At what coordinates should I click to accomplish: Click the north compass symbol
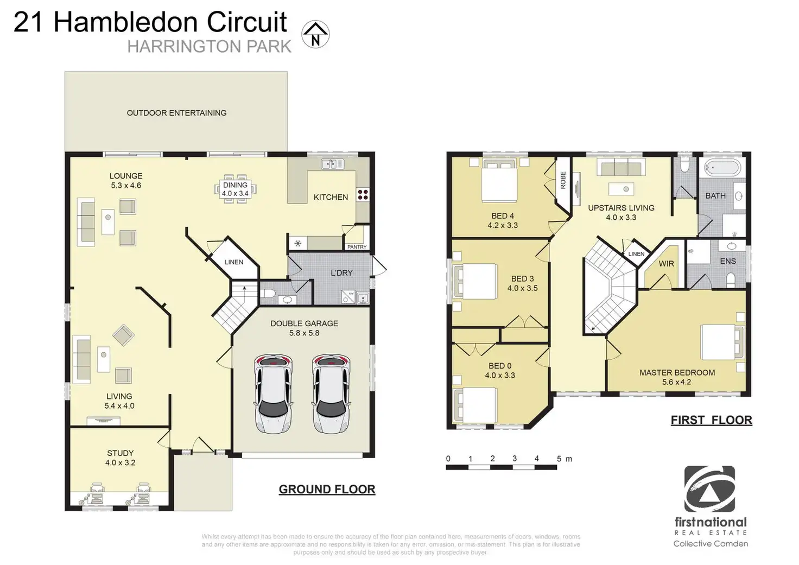coord(315,35)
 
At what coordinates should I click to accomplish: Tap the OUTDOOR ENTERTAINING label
coord(176,113)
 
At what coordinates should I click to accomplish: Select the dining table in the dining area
coord(235,188)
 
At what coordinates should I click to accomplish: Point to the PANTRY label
coord(357,247)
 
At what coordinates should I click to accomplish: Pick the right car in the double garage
coord(331,393)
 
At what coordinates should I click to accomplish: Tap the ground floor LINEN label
coord(234,262)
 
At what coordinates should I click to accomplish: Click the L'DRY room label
coord(341,272)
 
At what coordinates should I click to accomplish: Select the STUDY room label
coord(120,453)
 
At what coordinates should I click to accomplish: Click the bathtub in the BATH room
coord(722,168)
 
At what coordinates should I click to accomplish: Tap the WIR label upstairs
coord(666,264)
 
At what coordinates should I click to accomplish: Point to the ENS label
coord(728,261)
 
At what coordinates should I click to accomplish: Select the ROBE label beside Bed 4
coord(563,180)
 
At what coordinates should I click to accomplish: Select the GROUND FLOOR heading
coord(327,489)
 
